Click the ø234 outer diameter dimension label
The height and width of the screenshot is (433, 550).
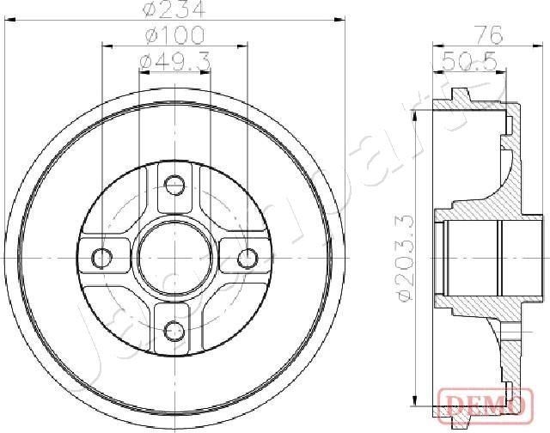(x=175, y=11)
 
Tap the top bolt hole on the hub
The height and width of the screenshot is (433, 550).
(x=175, y=184)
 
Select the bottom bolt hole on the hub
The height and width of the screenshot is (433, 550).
(x=175, y=329)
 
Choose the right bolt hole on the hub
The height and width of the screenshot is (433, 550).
(x=247, y=257)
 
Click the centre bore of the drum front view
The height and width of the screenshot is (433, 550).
(x=175, y=256)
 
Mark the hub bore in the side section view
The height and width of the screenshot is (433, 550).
(x=473, y=256)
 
